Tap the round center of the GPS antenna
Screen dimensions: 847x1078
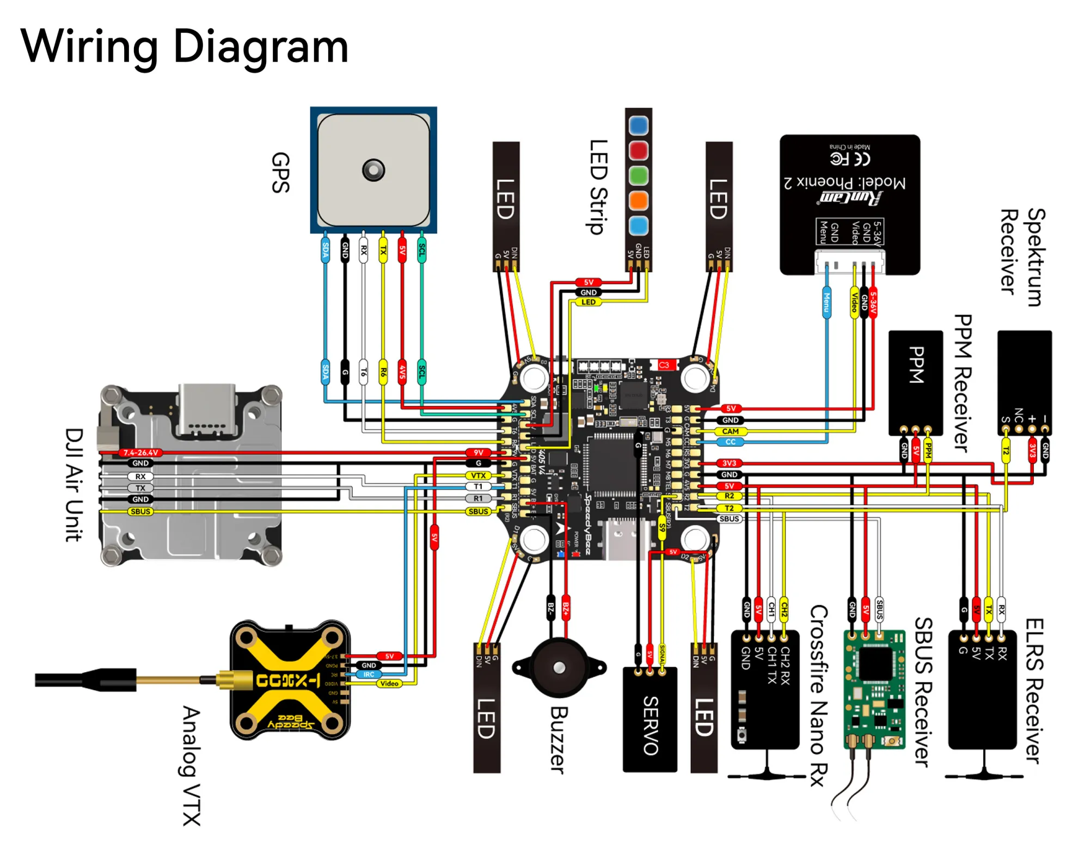pyautogui.click(x=373, y=170)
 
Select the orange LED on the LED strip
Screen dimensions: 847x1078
pyautogui.click(x=638, y=200)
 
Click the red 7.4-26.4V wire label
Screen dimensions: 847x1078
pyautogui.click(x=140, y=453)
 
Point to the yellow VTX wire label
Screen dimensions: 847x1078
pyautogui.click(x=478, y=476)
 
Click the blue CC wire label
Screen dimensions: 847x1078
pyautogui.click(x=730, y=442)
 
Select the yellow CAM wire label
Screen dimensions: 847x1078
pyautogui.click(x=730, y=431)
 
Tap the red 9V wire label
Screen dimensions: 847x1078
pyautogui.click(x=478, y=453)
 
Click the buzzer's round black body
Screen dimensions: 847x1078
pyautogui.click(x=559, y=668)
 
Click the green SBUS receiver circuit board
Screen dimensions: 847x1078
pyautogui.click(x=874, y=690)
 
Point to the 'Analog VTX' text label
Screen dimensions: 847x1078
pyautogui.click(x=191, y=765)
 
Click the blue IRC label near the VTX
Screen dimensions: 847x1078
pyautogui.click(x=369, y=674)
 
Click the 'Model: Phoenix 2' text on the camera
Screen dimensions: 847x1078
pyautogui.click(x=844, y=182)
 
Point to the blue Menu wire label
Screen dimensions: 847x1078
pyautogui.click(x=826, y=303)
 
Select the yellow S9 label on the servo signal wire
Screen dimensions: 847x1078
pyautogui.click(x=662, y=527)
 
